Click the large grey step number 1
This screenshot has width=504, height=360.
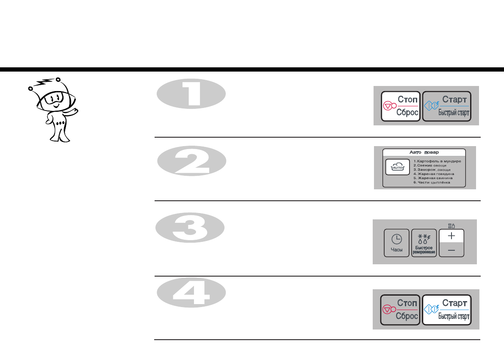(x=191, y=94)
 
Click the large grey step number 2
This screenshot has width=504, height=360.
(x=191, y=160)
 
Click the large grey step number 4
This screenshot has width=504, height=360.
(x=191, y=295)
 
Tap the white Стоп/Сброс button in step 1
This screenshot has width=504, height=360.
(x=401, y=106)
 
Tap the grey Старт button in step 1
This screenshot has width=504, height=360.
(x=447, y=106)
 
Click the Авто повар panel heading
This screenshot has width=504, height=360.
(x=424, y=152)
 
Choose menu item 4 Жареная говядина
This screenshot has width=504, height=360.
(x=434, y=174)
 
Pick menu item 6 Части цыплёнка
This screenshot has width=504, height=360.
(x=432, y=183)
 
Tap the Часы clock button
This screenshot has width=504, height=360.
(x=397, y=243)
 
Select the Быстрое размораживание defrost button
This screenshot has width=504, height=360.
(x=423, y=243)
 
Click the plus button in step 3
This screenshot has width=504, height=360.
(x=451, y=235)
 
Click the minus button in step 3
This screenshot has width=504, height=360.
(x=451, y=250)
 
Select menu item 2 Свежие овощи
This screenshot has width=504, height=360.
(x=430, y=166)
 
